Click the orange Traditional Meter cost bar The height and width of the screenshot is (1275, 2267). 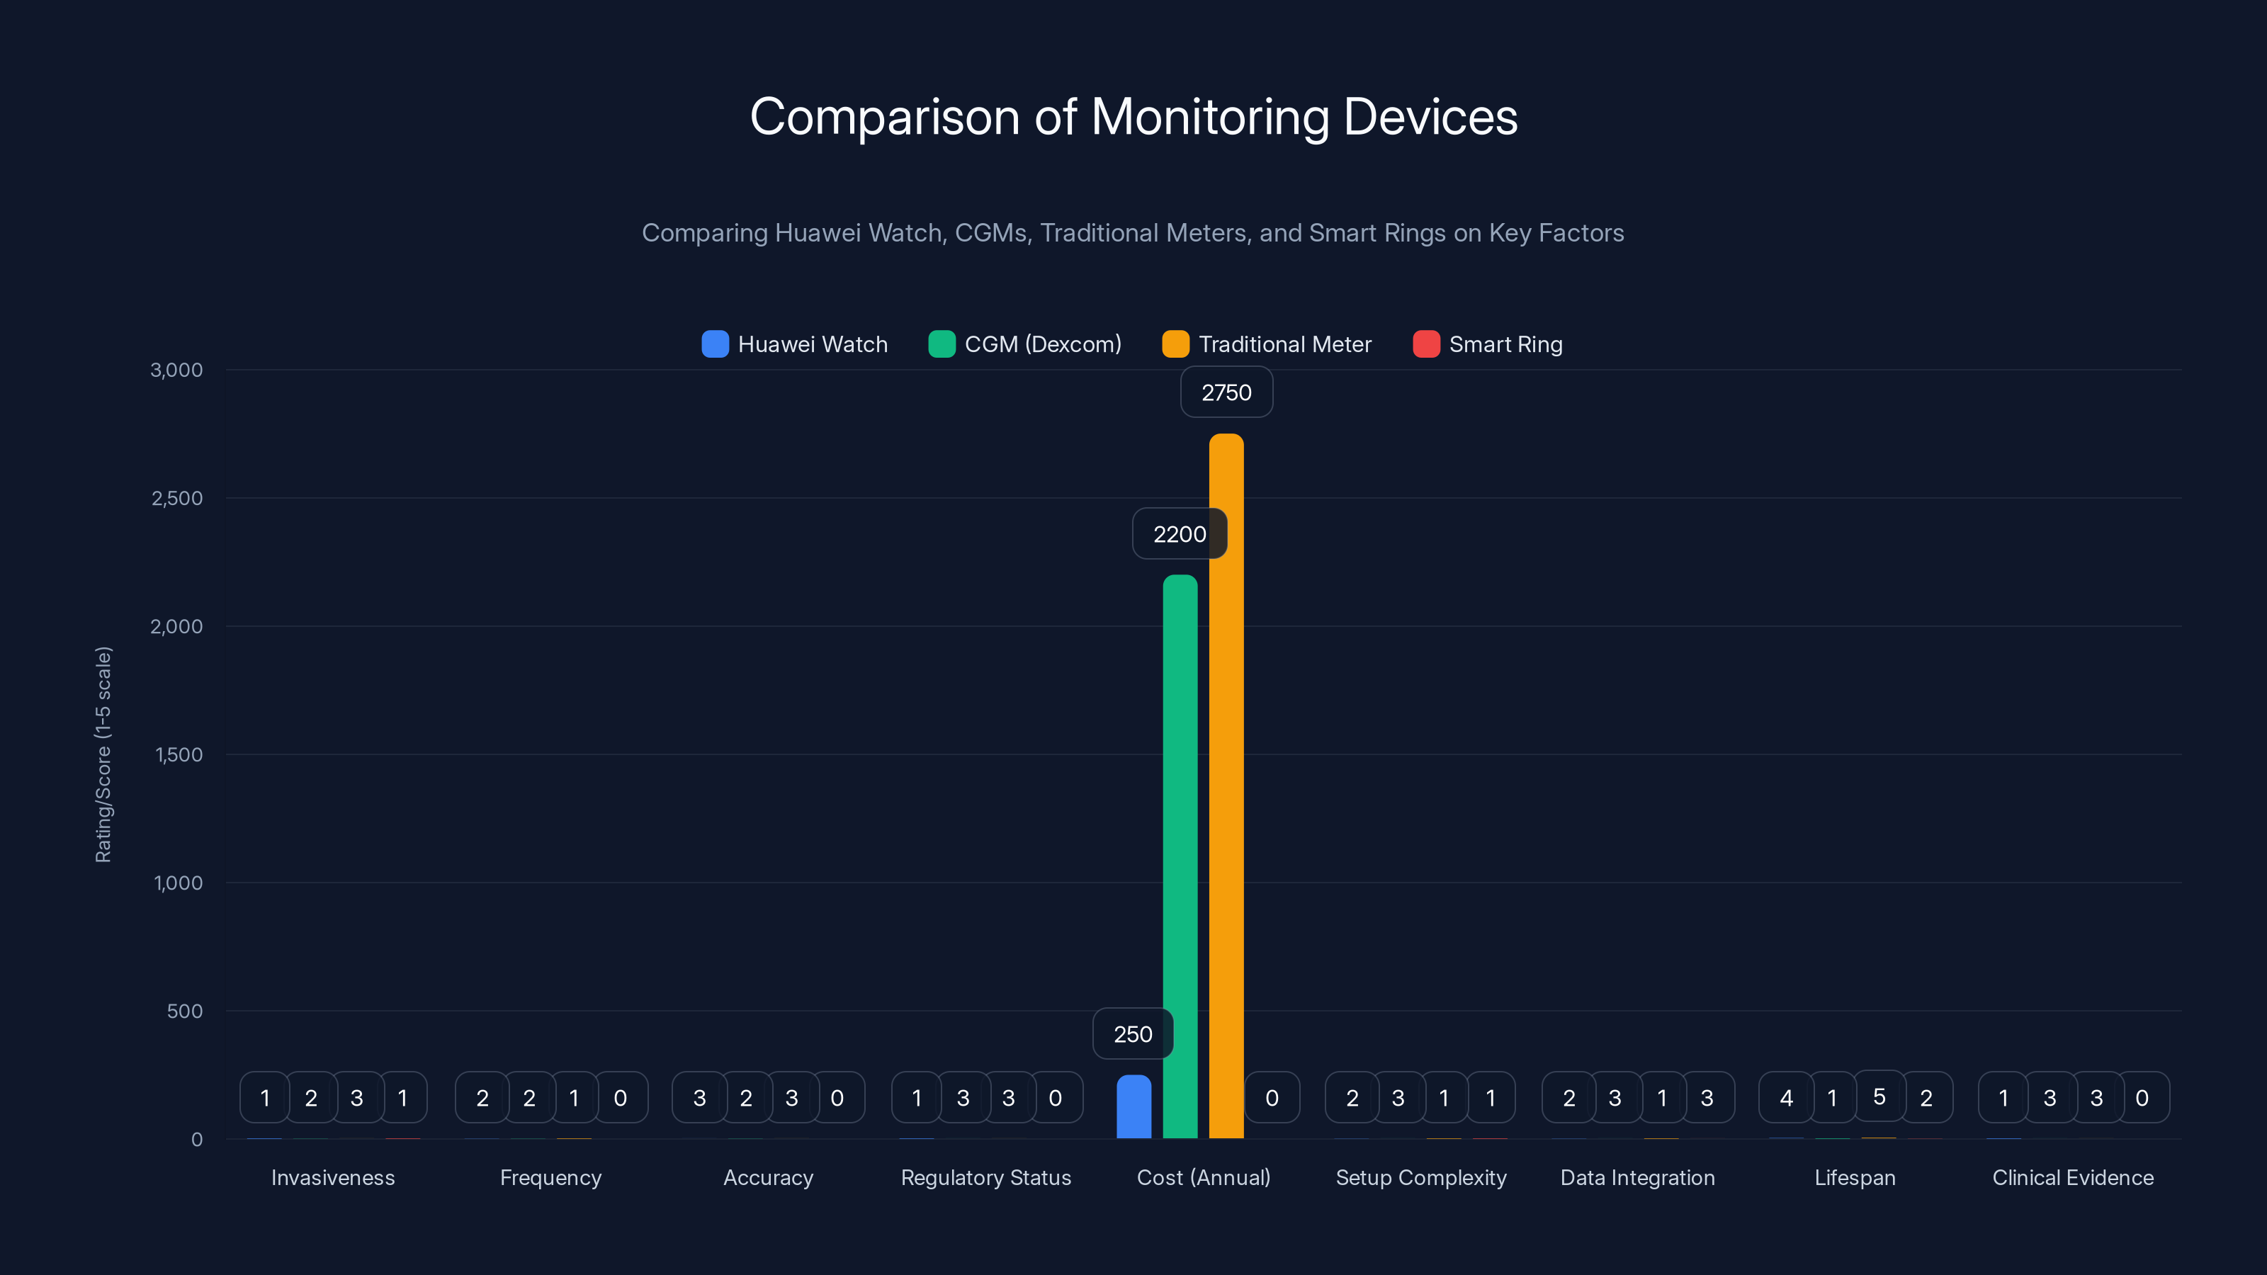coord(1226,792)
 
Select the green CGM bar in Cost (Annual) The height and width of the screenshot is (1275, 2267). coord(1180,862)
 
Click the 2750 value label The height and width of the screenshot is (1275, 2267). coord(1226,392)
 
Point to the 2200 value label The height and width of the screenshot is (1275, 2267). coord(1180,534)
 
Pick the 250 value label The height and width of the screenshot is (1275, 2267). coord(1133,1034)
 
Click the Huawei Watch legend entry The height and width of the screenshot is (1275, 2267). coord(795,344)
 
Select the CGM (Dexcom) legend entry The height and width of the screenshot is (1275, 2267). coord(1025,344)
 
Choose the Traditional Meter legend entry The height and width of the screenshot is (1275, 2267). coord(1267,344)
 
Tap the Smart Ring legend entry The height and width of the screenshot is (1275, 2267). coord(1488,344)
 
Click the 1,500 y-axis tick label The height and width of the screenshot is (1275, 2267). coord(179,755)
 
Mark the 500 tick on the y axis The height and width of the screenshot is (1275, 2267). coord(185,1011)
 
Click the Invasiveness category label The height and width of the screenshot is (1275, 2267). coord(333,1177)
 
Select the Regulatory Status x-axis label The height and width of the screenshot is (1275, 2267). coord(985,1177)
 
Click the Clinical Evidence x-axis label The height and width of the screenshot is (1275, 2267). coord(2072,1177)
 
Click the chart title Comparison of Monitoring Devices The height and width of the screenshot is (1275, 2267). coord(1133,116)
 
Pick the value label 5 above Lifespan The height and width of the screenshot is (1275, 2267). coord(1879,1096)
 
